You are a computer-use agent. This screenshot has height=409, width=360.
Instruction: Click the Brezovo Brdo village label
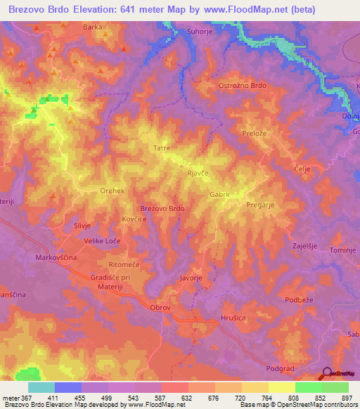pos(162,209)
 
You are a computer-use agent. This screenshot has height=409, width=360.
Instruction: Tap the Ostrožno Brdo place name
pos(243,85)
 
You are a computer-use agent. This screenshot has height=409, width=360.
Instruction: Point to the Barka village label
pos(92,27)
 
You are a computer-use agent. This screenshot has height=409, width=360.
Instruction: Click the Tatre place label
pos(162,148)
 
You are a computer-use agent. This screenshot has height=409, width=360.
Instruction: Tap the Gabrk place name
pos(220,194)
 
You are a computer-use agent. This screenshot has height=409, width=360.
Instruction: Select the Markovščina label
pos(56,258)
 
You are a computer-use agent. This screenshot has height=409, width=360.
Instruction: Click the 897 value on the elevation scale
pos(345,398)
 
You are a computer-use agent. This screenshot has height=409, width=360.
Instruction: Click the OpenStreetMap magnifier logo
pos(327,373)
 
